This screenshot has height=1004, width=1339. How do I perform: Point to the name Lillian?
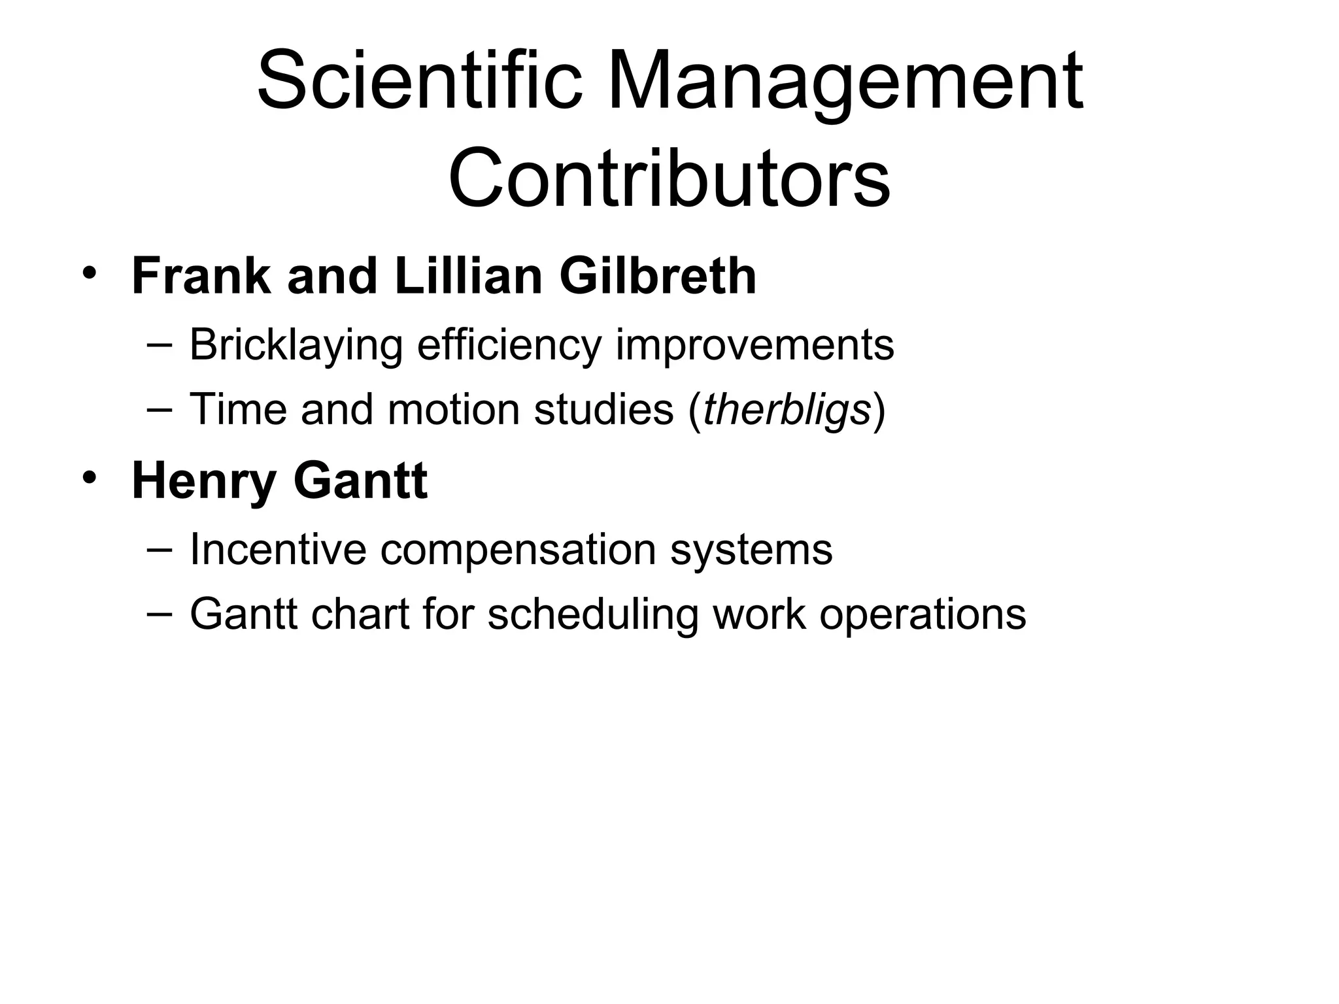pos(468,276)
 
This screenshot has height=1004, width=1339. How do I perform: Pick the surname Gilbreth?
pos(657,276)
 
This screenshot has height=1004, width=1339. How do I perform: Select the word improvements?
pos(754,345)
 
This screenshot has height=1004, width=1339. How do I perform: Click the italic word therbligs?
pos(787,410)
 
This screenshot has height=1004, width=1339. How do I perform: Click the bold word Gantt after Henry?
pos(360,480)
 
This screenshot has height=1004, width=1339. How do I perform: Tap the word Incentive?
pos(278,549)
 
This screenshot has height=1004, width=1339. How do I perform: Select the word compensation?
pos(518,550)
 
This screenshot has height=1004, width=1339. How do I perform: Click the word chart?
pos(360,614)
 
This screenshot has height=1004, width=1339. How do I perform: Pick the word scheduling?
pos(593,616)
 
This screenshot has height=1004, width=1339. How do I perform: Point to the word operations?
pos(923,616)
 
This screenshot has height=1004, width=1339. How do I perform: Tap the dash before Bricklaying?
pos(160,343)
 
